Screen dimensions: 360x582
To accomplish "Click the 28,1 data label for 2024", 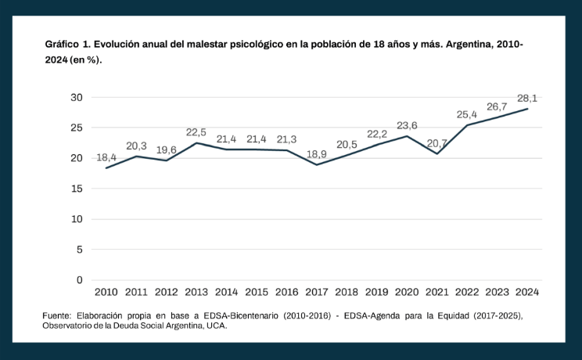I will (x=527, y=99).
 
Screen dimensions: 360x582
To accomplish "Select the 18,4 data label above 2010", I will (x=106, y=157).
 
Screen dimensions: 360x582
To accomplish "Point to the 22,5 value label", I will (x=196, y=132).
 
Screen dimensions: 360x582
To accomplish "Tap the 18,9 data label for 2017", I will (x=317, y=154).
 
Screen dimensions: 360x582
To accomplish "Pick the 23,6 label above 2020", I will (x=407, y=125).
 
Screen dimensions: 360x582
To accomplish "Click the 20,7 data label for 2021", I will (x=436, y=142).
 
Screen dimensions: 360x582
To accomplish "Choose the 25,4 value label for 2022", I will (x=467, y=114).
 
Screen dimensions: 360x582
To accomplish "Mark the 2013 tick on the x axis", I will (x=196, y=292).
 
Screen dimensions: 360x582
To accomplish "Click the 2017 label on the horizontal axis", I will (x=317, y=292).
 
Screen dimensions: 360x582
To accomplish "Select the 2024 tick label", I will (x=527, y=292).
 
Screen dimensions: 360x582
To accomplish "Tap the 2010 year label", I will (x=106, y=292).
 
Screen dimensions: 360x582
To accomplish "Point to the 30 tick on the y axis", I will (x=76, y=98).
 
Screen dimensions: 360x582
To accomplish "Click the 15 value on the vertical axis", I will (x=76, y=189).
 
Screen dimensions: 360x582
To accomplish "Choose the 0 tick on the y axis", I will (x=79, y=279).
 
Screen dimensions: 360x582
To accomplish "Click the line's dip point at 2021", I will (x=436, y=153).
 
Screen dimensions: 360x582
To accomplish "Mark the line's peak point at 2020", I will (x=407, y=136).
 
